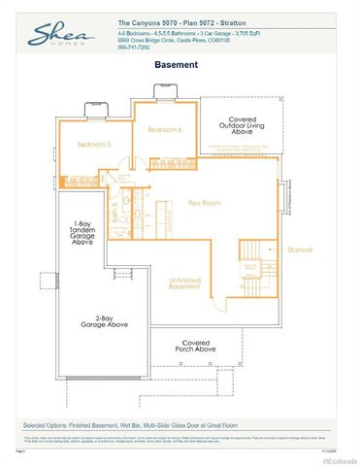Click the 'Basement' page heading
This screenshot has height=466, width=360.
[x=177, y=65]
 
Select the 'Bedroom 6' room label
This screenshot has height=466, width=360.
[x=165, y=129]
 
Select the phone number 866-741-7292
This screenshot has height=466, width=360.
[x=135, y=48]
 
